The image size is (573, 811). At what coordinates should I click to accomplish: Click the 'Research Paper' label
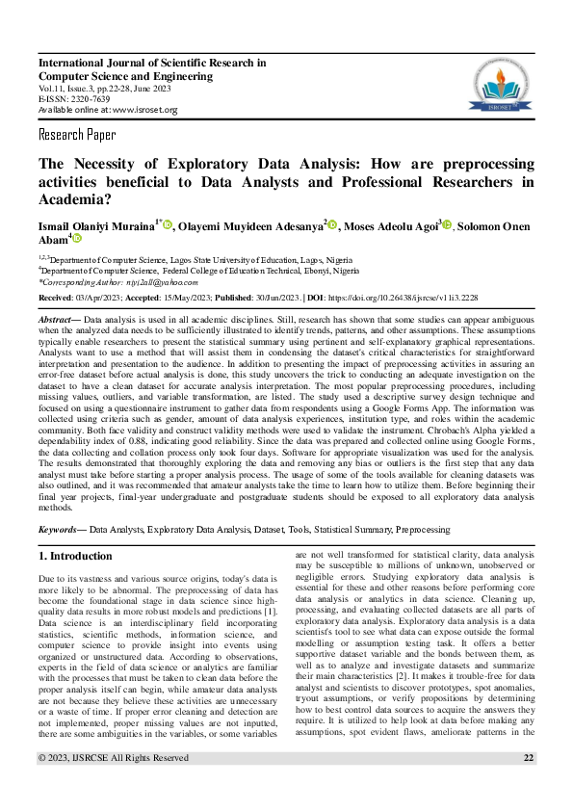tap(77, 134)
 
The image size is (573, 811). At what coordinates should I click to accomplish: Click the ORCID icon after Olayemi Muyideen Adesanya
tap(333, 225)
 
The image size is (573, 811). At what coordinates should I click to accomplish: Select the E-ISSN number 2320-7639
tap(91, 99)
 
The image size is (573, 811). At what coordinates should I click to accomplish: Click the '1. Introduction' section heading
tap(75, 557)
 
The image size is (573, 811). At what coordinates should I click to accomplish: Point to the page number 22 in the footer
tap(528, 785)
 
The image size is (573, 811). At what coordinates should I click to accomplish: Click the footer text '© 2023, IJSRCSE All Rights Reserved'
tap(114, 785)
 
